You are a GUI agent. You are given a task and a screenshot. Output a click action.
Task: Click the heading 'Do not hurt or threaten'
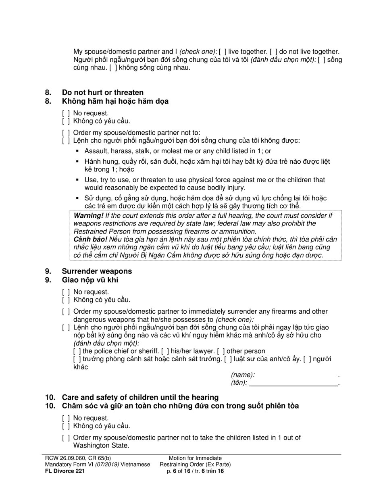102,92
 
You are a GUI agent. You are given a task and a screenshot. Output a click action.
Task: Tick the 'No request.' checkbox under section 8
66,113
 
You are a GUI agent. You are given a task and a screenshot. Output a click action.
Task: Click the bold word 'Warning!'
88,215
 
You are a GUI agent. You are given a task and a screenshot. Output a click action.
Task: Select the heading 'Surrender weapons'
97,271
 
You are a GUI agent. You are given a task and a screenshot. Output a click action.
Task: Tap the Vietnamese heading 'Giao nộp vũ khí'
90,280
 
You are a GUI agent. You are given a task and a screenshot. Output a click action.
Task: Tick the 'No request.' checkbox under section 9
66,292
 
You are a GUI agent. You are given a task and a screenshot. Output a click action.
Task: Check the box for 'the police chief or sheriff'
77,351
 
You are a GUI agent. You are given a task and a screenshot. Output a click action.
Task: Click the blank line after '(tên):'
293,383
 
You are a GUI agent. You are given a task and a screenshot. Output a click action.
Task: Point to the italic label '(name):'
243,375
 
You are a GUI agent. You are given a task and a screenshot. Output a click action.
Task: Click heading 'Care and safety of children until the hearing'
140,397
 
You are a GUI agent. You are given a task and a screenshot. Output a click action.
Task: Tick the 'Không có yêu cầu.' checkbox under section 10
66,426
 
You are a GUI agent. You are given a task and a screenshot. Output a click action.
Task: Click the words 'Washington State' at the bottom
101,446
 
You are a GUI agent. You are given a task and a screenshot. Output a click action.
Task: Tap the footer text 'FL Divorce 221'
65,471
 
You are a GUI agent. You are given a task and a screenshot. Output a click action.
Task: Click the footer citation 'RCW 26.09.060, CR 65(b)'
77,458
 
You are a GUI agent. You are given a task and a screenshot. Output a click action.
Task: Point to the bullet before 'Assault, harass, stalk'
78,151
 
